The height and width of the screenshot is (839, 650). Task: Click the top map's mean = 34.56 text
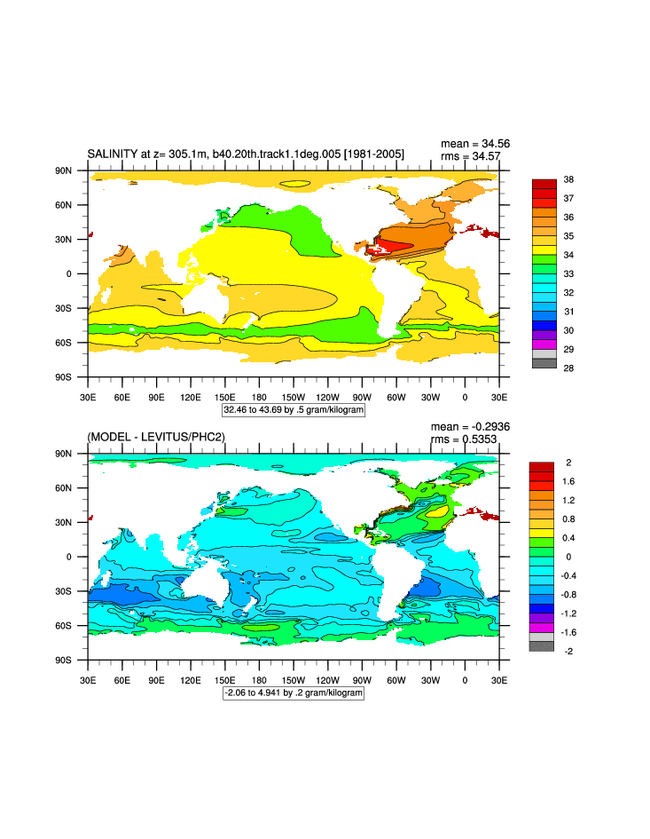coord(475,144)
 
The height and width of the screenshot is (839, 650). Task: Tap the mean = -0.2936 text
coord(470,426)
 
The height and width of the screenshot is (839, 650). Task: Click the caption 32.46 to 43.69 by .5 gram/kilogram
coord(294,411)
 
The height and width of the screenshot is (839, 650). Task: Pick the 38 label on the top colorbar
coord(568,179)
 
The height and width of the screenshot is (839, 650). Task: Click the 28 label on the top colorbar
coord(568,368)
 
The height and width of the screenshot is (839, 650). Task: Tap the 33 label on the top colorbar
coord(568,273)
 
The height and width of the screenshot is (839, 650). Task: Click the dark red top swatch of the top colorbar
coord(544,184)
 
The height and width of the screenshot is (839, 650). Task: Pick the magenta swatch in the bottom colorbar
coord(541,627)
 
